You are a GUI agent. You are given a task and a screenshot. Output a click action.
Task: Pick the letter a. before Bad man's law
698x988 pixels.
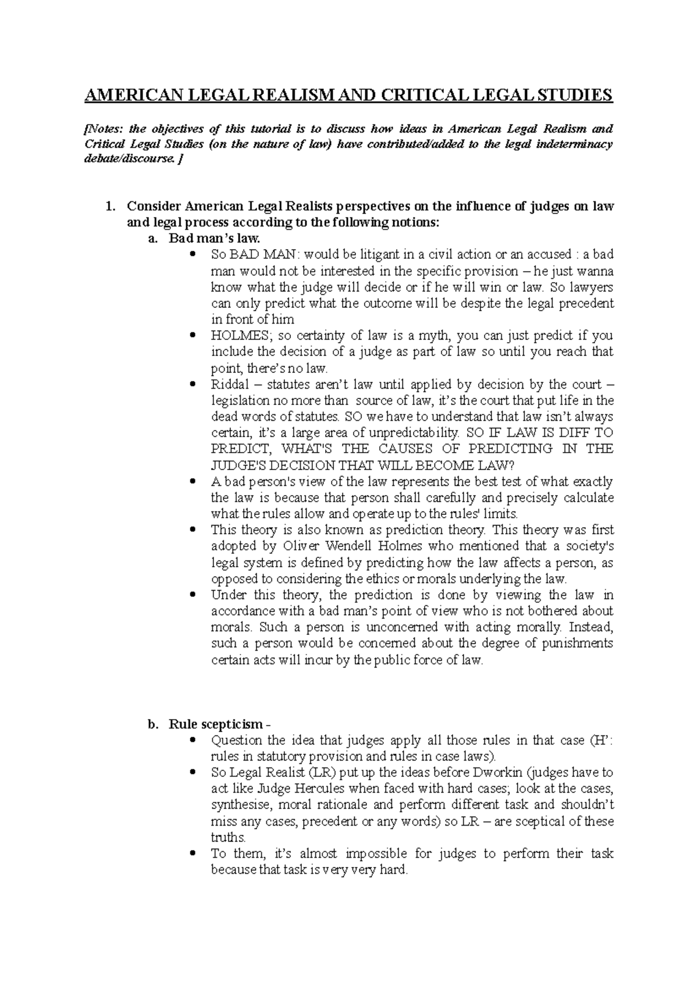click(x=153, y=239)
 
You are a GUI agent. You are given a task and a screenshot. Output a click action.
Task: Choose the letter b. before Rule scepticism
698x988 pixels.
click(x=153, y=724)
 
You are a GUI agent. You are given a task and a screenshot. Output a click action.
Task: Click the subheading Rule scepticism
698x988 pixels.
click(x=216, y=724)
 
